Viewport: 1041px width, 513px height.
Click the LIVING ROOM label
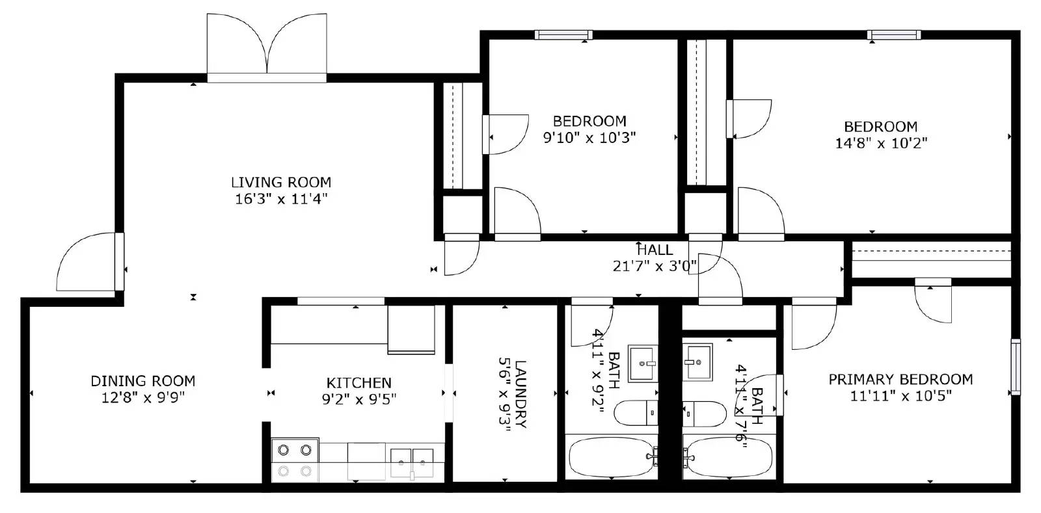(x=281, y=182)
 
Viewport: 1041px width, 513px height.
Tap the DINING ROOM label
(x=143, y=381)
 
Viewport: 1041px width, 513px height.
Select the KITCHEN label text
(x=358, y=383)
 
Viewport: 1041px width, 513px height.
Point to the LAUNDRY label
(x=520, y=393)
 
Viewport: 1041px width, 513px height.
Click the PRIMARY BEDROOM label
(x=900, y=380)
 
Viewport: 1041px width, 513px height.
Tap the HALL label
(x=655, y=250)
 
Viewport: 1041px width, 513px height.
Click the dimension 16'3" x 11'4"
(x=281, y=199)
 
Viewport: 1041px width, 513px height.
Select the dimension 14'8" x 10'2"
(x=881, y=143)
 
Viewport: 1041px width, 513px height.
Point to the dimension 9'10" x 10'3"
(x=589, y=137)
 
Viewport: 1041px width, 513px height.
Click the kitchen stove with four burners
(x=295, y=460)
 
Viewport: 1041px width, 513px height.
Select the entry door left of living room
(x=90, y=262)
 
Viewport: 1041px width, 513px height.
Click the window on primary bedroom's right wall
(x=1016, y=367)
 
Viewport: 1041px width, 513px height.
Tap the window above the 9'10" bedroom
(x=563, y=35)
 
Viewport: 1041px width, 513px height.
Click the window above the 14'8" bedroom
(x=894, y=35)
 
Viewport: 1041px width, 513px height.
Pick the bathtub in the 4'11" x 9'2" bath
(x=612, y=457)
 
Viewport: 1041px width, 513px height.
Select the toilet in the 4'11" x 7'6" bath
(x=704, y=414)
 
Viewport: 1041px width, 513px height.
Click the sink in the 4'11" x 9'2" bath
(x=643, y=363)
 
